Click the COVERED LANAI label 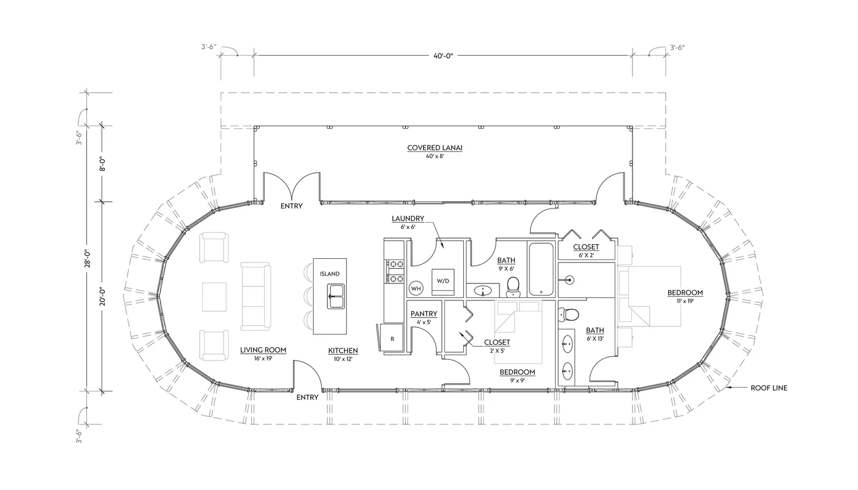pyautogui.click(x=435, y=148)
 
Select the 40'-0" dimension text pyautogui.click(x=442, y=56)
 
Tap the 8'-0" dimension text pyautogui.click(x=103, y=164)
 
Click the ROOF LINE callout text pyautogui.click(x=769, y=388)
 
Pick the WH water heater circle pyautogui.click(x=416, y=288)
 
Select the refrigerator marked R pyautogui.click(x=391, y=338)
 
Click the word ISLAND pyautogui.click(x=329, y=274)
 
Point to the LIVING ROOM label pyautogui.click(x=263, y=350)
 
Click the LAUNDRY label pyautogui.click(x=408, y=218)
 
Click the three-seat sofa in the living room pyautogui.click(x=255, y=297)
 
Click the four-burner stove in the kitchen pyautogui.click(x=394, y=271)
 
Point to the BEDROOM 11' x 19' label pyautogui.click(x=685, y=293)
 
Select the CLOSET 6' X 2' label pyautogui.click(x=586, y=247)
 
